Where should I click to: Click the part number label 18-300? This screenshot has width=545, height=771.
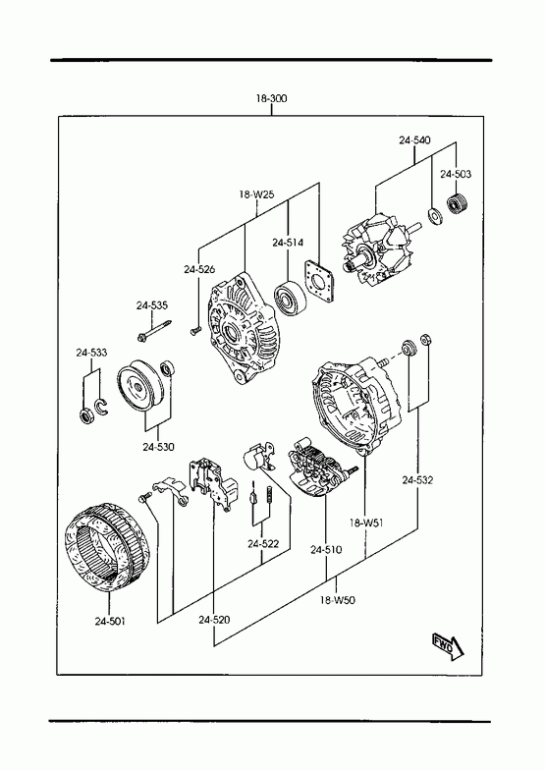tap(271, 98)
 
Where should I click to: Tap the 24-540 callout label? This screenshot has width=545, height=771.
tap(414, 140)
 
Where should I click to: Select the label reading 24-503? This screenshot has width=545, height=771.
tap(456, 174)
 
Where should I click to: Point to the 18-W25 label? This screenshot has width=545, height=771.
tap(256, 194)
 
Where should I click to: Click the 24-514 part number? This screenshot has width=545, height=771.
tap(288, 243)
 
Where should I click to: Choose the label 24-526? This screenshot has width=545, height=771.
tap(199, 269)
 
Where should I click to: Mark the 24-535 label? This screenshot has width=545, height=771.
tap(152, 305)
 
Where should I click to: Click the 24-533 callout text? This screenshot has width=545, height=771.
tap(91, 353)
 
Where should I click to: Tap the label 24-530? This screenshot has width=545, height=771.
tap(158, 447)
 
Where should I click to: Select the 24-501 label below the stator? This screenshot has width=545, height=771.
tap(110, 622)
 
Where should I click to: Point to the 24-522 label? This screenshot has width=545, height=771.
tap(263, 544)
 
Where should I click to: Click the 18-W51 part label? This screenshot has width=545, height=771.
tap(366, 523)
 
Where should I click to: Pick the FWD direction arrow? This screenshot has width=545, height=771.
tap(448, 645)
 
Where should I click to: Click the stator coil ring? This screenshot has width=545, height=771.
tap(107, 546)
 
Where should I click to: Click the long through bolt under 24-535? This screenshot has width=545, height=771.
tap(154, 330)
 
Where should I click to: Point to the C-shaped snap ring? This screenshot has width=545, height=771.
tap(103, 407)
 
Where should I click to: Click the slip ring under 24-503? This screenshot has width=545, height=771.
tap(459, 203)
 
